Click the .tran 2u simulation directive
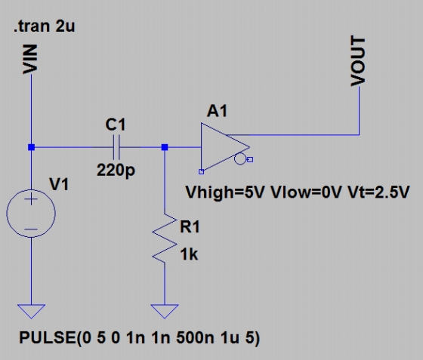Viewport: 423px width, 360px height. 45,26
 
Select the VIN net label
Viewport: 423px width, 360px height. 29,60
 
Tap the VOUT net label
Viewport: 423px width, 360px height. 358,61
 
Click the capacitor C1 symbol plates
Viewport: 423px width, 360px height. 116,147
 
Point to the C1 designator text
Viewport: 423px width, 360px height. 116,125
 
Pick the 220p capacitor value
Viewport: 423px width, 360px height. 116,171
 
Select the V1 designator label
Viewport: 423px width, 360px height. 59,185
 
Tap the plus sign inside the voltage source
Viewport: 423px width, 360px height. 31,200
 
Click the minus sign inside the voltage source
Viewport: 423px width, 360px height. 31,229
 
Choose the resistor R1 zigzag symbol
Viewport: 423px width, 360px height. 165,238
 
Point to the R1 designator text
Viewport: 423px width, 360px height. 190,226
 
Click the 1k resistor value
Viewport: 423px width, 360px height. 189,254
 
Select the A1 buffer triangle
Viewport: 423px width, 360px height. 225,147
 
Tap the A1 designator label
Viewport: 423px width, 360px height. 218,111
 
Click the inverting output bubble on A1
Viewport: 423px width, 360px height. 240,158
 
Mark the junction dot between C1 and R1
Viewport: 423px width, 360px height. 165,147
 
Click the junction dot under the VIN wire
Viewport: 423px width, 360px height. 31,147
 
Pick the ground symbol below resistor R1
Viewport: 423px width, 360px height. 165,311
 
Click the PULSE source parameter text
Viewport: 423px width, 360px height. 140,338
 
